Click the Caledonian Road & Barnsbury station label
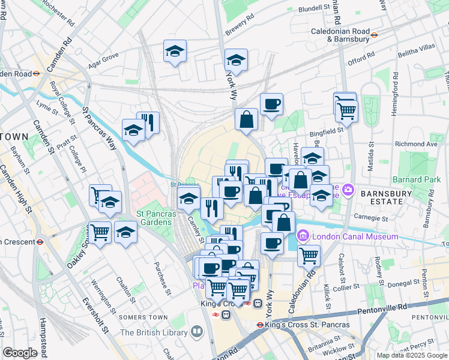coord(340,35)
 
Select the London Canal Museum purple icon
coord(303,236)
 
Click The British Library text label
coord(153,332)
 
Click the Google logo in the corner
coord(20,353)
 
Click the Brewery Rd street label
coord(235,28)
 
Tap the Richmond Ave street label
coord(416,145)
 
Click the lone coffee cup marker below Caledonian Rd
coord(272,243)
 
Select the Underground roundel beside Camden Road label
coord(36,74)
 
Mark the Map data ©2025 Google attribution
coord(411,355)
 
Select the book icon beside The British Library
coord(197,331)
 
